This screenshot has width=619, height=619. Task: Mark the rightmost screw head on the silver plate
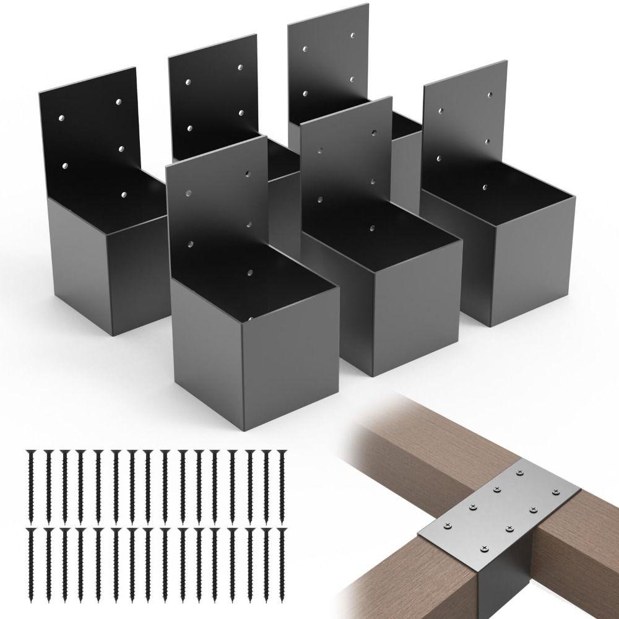pyautogui.click(x=559, y=493)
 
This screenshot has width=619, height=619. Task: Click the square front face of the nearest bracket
pyautogui.click(x=291, y=371)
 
